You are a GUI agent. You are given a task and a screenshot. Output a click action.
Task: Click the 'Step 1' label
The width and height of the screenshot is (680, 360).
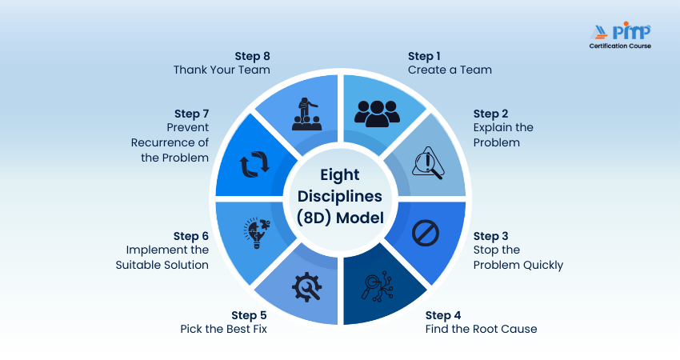424,56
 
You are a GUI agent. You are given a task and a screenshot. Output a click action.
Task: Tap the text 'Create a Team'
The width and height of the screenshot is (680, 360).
450,70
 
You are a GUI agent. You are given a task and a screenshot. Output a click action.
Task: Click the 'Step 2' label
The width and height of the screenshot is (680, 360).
490,114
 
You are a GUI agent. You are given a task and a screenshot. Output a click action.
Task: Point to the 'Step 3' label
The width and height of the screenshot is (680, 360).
490,236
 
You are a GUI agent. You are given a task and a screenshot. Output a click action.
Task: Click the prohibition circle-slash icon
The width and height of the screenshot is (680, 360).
426,232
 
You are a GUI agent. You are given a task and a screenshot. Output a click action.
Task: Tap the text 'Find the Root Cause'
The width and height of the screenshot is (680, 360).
481,329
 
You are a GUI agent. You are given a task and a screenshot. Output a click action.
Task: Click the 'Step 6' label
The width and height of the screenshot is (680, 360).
191,236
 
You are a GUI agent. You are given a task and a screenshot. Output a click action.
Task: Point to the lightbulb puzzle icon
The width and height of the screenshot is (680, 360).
254,233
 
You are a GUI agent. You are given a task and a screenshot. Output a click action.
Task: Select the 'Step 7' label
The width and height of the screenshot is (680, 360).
191,114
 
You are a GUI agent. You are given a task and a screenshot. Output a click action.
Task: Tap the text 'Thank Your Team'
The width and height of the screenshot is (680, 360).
222,70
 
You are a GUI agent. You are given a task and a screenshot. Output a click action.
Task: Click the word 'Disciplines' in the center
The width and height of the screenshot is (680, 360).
340,197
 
